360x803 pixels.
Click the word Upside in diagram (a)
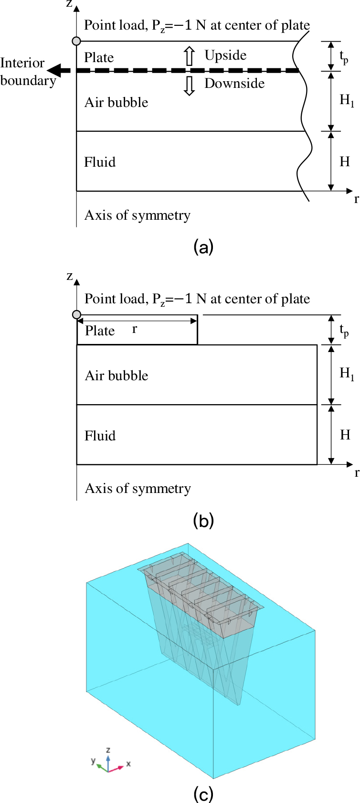225,55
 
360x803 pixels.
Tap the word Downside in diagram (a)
234,83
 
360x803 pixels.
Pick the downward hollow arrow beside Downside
190,86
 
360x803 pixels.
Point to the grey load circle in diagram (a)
76,41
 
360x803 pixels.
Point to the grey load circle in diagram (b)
76,315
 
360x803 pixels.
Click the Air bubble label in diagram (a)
116,103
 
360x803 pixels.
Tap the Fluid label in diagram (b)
100,436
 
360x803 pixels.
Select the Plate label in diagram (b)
100,331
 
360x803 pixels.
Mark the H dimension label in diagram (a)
345,161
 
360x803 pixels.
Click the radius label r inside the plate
134,329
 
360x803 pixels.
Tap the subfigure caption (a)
203,247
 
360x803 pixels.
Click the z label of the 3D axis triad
108,749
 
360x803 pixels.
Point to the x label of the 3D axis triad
128,763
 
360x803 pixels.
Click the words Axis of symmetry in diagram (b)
138,489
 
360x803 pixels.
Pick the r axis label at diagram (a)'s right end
356,199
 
